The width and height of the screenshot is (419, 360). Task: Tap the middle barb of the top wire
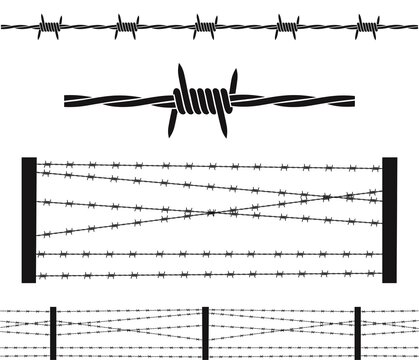205,25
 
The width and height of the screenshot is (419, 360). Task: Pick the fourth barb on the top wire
287,25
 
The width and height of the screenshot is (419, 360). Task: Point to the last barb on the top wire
366,25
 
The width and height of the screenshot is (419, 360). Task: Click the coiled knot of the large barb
204,102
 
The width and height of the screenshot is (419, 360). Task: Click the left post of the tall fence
29,219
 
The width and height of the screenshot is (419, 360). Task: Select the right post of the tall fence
389,219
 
